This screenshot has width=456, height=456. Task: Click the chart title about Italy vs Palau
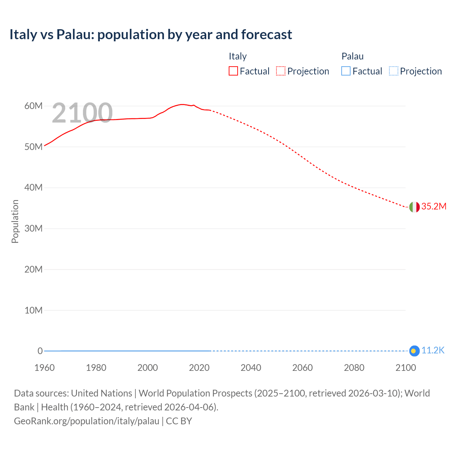click(151, 35)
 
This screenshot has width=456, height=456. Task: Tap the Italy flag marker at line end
click(414, 207)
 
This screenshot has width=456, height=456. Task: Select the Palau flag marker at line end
click(414, 351)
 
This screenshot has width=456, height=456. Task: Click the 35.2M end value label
click(434, 207)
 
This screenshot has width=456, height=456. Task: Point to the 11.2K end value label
click(433, 351)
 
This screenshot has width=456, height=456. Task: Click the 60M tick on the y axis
click(33, 106)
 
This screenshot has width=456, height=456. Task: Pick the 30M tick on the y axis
click(33, 228)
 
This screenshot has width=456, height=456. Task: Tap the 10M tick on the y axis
click(33, 310)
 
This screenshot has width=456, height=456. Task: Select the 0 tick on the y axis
click(40, 351)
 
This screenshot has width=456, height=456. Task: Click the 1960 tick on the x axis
click(45, 368)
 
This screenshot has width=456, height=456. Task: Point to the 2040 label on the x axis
click(251, 368)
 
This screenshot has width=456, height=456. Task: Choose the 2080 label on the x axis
click(354, 368)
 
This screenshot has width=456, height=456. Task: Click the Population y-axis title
click(15, 221)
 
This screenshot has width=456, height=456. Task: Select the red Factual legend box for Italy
click(233, 71)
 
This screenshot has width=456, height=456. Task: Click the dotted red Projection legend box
click(281, 71)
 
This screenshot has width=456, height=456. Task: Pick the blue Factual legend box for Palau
click(346, 71)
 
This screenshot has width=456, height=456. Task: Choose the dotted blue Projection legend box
click(393, 71)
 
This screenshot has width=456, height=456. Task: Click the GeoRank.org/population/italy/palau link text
click(87, 421)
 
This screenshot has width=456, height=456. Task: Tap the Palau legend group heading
click(352, 56)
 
